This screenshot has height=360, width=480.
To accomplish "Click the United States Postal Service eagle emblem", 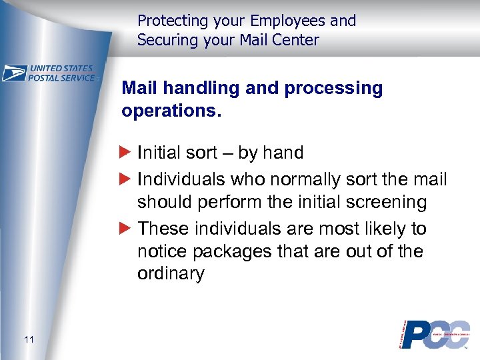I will coord(14,73).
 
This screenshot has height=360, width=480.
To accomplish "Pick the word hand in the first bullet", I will coord(283,153).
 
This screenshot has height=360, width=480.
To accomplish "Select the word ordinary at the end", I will coord(171,274).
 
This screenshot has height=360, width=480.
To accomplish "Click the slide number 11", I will coord(28,341).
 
